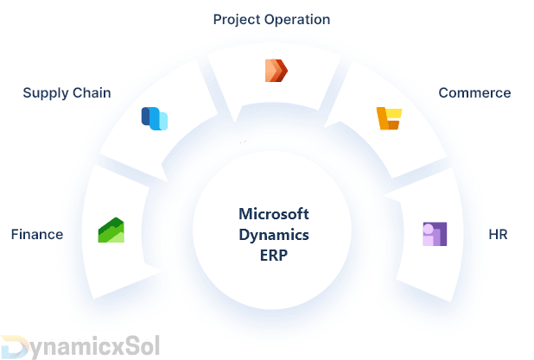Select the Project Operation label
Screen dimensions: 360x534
(271, 18)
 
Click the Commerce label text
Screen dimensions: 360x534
(474, 93)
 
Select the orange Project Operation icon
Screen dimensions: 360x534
(276, 70)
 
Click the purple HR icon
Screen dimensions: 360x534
(434, 234)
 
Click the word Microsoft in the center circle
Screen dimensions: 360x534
(273, 214)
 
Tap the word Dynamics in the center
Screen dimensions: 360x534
(273, 234)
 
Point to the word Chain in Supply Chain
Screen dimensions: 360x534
(92, 93)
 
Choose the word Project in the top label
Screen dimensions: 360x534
(238, 18)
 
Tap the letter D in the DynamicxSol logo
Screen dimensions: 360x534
(12, 346)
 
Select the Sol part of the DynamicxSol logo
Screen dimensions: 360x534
(138, 346)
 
